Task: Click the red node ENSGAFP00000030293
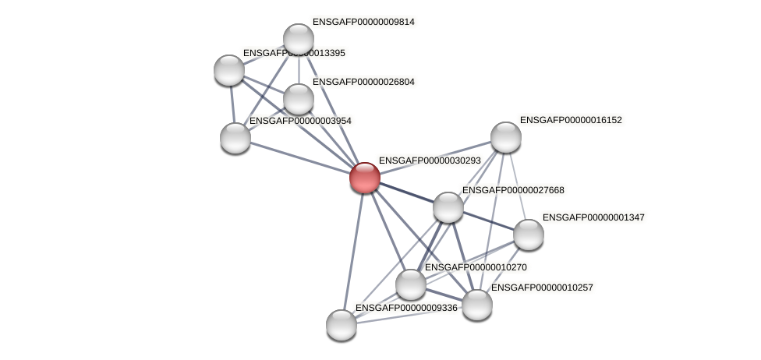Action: (x=364, y=178)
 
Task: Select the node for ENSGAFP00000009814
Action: (x=298, y=38)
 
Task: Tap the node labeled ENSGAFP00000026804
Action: (x=298, y=99)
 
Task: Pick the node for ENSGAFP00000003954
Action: (x=235, y=138)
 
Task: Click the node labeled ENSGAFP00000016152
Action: (x=505, y=137)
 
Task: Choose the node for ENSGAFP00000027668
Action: (x=448, y=207)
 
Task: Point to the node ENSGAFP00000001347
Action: (x=528, y=235)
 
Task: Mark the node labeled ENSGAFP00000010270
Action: (x=410, y=284)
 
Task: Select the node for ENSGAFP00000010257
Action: (x=477, y=305)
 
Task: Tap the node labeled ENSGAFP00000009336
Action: (x=341, y=325)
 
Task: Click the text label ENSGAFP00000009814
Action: (x=363, y=22)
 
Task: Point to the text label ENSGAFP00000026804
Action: (x=363, y=82)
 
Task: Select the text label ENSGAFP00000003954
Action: (x=300, y=121)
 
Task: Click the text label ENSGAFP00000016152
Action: (x=571, y=120)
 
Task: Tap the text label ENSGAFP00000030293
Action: (x=430, y=161)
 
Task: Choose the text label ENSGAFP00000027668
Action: (x=513, y=190)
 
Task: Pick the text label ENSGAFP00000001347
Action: (x=593, y=217)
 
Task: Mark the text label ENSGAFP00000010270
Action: (x=476, y=267)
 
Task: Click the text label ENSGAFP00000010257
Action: (x=542, y=288)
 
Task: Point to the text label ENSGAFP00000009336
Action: (x=406, y=308)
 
